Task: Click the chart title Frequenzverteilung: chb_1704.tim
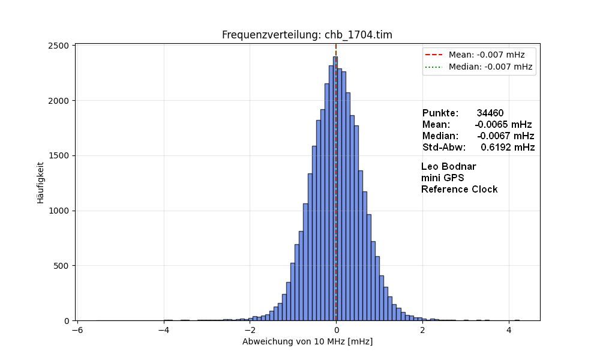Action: pyautogui.click(x=307, y=35)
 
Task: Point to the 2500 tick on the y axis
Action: pyautogui.click(x=61, y=46)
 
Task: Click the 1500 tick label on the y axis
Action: pyautogui.click(x=61, y=156)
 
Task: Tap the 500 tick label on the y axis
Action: pyautogui.click(x=64, y=266)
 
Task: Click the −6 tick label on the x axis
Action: pyautogui.click(x=77, y=330)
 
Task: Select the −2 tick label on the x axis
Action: pyautogui.click(x=250, y=330)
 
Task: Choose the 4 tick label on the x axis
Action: pyautogui.click(x=509, y=330)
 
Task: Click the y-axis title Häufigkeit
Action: pyautogui.click(x=41, y=182)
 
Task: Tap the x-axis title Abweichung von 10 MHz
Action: pyautogui.click(x=307, y=341)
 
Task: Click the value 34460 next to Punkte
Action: pyautogui.click(x=490, y=113)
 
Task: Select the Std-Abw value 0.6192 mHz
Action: pyautogui.click(x=508, y=147)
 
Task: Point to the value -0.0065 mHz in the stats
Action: pyautogui.click(x=503, y=124)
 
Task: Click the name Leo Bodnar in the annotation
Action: pyautogui.click(x=449, y=166)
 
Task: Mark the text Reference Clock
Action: pyautogui.click(x=459, y=189)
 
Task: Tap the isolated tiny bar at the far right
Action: pyautogui.click(x=517, y=320)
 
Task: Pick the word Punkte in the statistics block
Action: pyautogui.click(x=440, y=113)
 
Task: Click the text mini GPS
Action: pyautogui.click(x=442, y=178)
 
